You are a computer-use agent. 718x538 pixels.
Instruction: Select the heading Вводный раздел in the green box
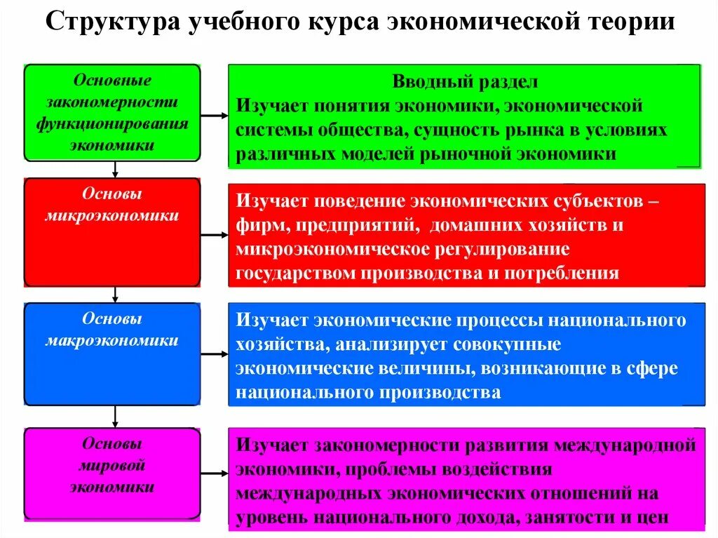coord(465,82)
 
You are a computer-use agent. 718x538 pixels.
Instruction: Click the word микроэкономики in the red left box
coord(112,216)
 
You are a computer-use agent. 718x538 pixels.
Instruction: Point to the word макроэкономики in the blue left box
coord(112,341)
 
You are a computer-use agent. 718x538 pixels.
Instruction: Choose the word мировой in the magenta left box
coord(112,466)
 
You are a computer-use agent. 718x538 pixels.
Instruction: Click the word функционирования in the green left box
coord(112,124)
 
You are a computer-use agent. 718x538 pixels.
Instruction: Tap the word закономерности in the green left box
coord(112,102)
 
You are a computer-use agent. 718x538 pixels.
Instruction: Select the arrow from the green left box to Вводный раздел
coord(215,114)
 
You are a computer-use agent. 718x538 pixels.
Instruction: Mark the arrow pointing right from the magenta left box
coord(215,473)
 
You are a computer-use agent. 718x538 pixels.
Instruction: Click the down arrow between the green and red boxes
coord(115,169)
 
